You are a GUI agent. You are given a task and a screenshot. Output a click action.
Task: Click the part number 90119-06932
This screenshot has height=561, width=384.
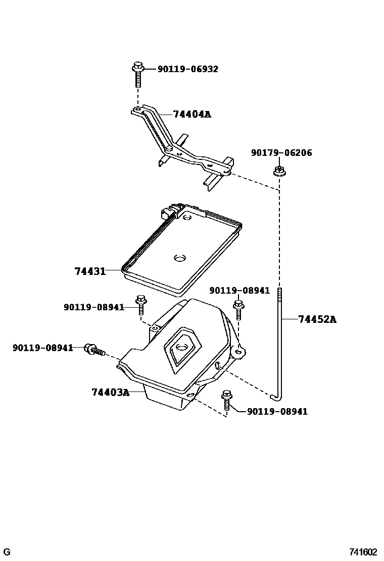pos(187,69)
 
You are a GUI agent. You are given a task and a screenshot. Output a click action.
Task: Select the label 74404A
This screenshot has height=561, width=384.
pos(191,114)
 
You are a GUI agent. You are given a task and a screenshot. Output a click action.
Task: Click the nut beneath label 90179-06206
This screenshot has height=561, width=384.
pos(278,171)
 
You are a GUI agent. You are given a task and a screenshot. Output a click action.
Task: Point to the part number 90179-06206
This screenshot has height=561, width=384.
pos(281,153)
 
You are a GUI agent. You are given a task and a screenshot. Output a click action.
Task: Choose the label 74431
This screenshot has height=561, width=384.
pos(90,271)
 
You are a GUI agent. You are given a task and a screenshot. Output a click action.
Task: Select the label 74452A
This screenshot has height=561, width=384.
pos(317,319)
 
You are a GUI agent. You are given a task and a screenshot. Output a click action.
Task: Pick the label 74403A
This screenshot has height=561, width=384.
pos(110,392)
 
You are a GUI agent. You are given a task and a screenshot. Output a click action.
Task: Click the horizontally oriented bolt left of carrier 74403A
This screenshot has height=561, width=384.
pos(94,349)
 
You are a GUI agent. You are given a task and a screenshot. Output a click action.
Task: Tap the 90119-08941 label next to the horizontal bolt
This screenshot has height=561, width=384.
pos(42,348)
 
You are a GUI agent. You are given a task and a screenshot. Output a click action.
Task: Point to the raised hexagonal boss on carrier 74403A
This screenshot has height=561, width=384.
pos(182,348)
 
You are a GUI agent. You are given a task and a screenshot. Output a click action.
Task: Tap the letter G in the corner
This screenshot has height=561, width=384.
pos(7,552)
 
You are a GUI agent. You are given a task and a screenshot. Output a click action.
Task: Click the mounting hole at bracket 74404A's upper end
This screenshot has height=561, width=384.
pos(137,109)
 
